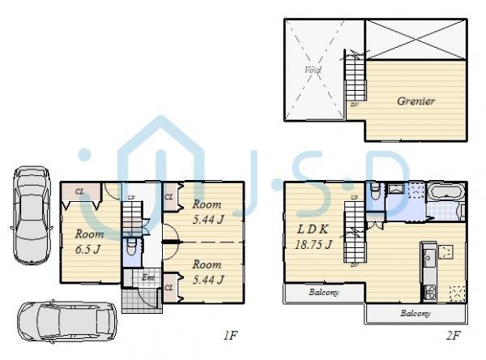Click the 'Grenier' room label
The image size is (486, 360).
[x=416, y=101]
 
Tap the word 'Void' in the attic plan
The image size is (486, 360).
[x=313, y=71]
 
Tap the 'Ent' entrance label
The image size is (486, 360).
[x=149, y=278]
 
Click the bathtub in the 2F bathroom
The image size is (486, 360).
[x=445, y=195]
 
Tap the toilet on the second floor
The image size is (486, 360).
[x=373, y=192]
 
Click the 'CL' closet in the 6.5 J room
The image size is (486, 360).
[x=80, y=191]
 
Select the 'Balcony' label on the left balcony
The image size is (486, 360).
[x=322, y=292]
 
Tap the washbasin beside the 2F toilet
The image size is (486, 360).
[x=398, y=190]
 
